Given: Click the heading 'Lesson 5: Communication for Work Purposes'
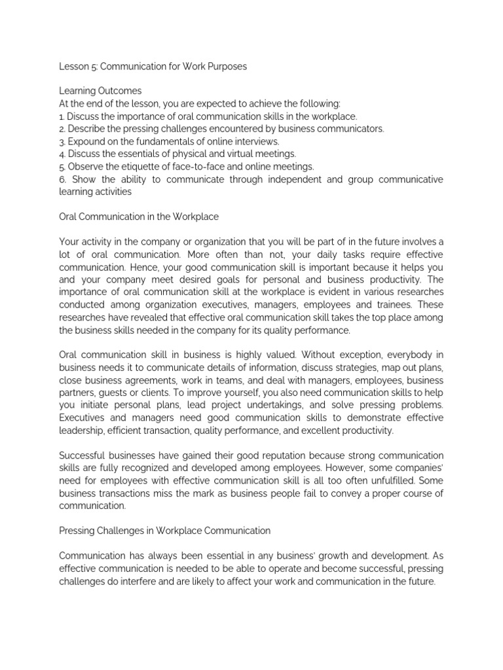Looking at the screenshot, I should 153,67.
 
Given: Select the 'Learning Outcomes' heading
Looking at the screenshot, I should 100,91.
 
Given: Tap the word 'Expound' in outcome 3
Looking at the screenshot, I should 89,141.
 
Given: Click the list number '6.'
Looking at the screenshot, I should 63,179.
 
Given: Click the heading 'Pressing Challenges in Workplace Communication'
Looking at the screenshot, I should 164,531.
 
